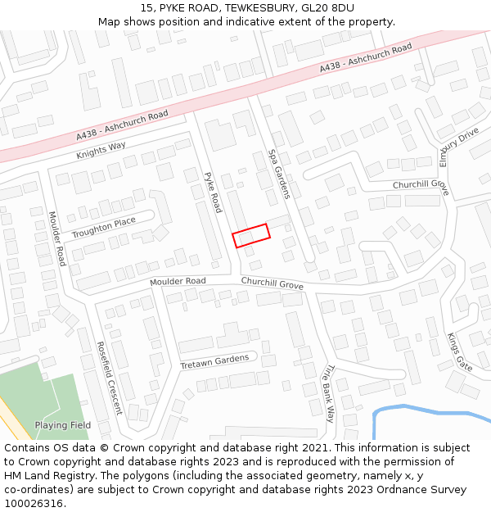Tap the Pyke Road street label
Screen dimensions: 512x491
213,192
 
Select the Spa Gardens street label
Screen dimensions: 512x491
279,174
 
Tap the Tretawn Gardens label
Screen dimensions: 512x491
214,361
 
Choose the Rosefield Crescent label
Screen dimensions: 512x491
109,378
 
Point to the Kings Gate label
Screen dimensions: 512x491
459,351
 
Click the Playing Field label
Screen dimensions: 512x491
62,425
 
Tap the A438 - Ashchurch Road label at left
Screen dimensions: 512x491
122,125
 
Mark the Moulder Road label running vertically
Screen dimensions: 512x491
56,238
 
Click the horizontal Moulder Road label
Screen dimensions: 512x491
178,281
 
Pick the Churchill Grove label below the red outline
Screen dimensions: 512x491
272,283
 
